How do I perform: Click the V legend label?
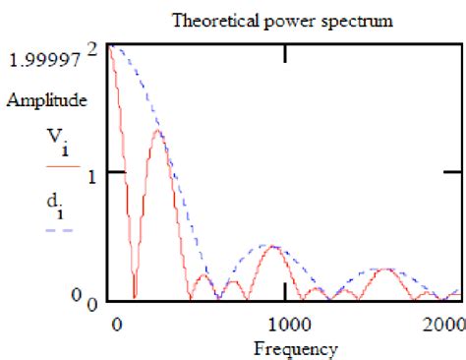click(58, 146)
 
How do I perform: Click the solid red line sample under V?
click(60, 169)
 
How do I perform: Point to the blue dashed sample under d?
click(60, 229)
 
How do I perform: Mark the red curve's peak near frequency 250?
click(158, 131)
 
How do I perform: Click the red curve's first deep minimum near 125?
click(134, 294)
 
